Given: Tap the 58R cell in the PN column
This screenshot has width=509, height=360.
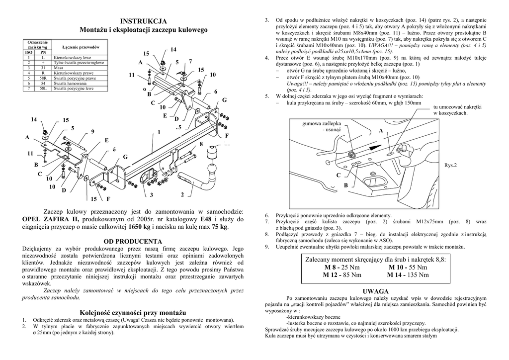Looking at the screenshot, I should click(x=43, y=78).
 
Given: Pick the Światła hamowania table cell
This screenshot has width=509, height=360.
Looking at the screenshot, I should click(x=70, y=83).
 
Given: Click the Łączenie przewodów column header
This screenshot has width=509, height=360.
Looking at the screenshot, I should click(x=81, y=46).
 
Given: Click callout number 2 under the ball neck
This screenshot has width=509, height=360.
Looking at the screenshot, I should click(x=183, y=194).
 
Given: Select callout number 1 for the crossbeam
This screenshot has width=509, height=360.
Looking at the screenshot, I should click(x=159, y=132).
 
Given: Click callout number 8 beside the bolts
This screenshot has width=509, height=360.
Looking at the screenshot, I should click(x=201, y=144).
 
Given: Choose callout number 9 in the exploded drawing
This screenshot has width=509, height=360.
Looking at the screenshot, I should click(x=92, y=131).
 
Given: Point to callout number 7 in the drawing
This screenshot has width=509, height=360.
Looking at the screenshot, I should click(x=190, y=61).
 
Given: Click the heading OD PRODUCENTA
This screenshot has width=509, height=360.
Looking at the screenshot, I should click(x=133, y=241).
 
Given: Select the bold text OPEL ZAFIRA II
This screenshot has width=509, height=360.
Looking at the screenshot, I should click(x=51, y=219).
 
